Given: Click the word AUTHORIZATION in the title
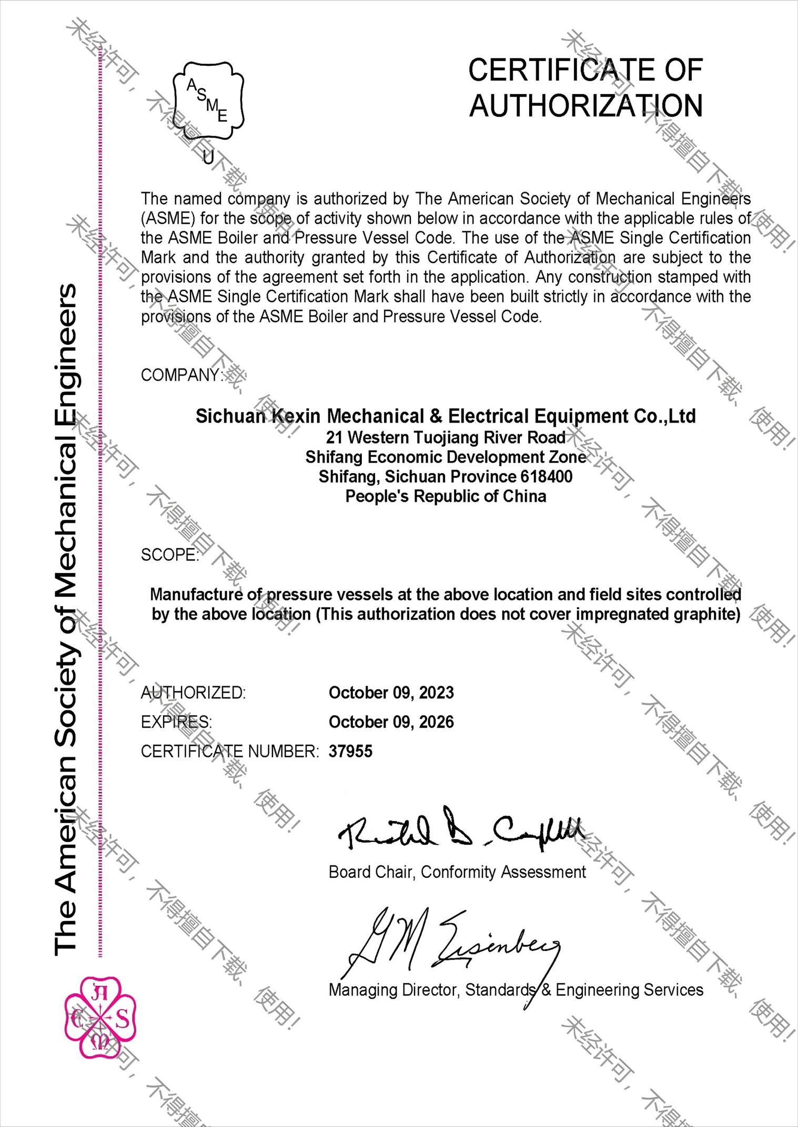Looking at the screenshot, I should tap(585, 106).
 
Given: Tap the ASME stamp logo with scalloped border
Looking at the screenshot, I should tap(208, 100).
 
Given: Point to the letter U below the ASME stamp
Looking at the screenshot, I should tap(208, 157).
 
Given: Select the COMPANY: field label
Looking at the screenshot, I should tap(181, 375).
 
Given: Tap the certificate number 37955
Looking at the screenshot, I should tap(350, 752).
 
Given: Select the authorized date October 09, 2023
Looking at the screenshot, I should tap(391, 693).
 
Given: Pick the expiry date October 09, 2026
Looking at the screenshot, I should tap(391, 722).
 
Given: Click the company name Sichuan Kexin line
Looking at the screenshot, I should tap(446, 416).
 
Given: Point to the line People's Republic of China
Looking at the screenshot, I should tap(446, 496).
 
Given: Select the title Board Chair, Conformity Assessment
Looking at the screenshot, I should tap(457, 872).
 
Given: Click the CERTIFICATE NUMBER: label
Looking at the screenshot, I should tap(229, 752).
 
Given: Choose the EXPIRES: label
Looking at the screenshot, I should tap(176, 722).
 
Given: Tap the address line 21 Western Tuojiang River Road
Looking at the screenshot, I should tap(446, 437).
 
